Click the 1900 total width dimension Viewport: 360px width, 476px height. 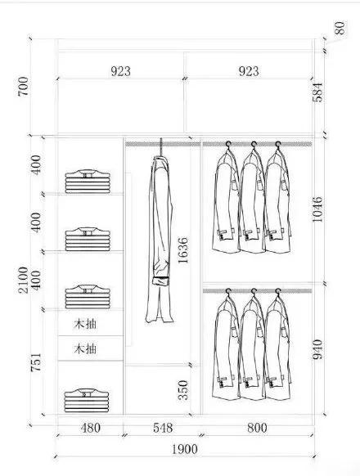[185, 449]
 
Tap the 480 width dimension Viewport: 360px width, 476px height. [90, 428]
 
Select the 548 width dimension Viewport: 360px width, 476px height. [163, 428]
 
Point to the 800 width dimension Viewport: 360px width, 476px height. [257, 428]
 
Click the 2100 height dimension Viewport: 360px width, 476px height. [23, 280]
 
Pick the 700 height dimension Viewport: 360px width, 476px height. [23, 87]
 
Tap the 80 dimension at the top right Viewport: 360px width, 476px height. [340, 28]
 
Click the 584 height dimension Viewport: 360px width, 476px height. [317, 92]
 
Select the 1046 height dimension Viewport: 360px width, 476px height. [317, 209]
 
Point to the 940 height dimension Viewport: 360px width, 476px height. [317, 349]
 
